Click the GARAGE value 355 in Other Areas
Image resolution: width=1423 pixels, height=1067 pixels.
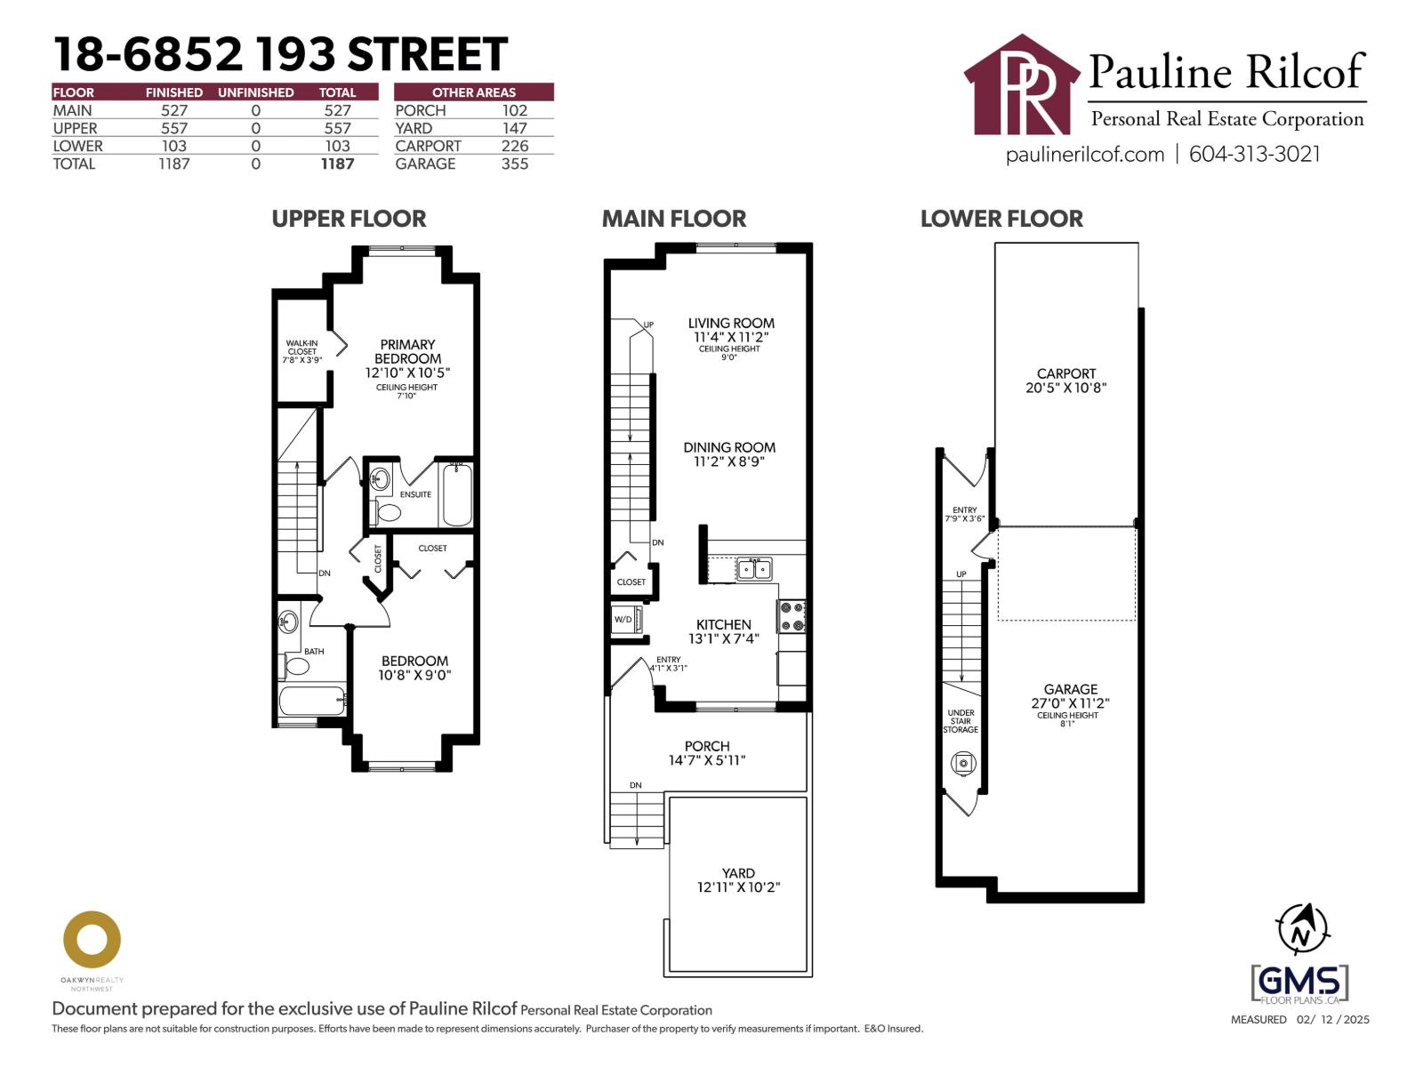pos(514,164)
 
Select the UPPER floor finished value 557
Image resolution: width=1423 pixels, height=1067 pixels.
pos(174,128)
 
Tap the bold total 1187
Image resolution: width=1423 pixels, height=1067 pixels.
pos(337,164)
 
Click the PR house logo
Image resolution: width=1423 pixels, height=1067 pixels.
pos(1023,86)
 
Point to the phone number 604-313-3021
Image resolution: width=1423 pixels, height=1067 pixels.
pos(1255,154)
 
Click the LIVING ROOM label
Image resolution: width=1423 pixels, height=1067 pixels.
pos(731,324)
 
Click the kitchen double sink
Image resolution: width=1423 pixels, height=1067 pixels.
pos(754,568)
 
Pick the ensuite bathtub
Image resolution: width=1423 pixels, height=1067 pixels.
pos(457,494)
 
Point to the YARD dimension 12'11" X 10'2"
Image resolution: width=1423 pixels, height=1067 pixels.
pos(738,887)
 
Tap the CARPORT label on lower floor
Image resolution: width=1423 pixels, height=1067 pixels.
pos(1065,374)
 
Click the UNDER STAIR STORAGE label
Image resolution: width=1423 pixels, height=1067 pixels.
pos(961,721)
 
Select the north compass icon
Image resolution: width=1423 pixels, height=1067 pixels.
pos(1302,929)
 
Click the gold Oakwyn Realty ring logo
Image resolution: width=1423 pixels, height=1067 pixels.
pos(92,939)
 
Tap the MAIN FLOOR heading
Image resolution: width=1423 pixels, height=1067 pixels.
pos(674,219)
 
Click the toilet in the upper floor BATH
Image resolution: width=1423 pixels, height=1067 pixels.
pos(296,665)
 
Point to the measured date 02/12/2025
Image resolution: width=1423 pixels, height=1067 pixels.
pos(1332,1020)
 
